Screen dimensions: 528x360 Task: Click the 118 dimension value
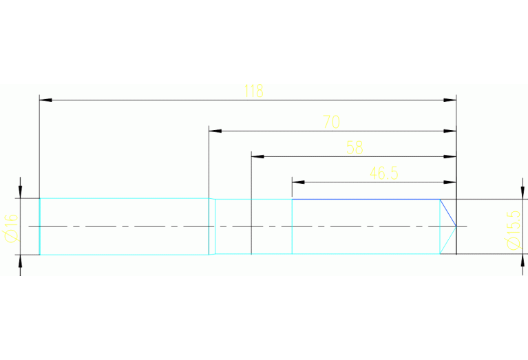tap(254, 91)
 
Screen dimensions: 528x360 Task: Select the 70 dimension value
tap(331, 123)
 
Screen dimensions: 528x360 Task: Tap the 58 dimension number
tap(355, 147)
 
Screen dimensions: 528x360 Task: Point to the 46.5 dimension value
tap(384, 173)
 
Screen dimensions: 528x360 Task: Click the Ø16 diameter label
tap(10, 226)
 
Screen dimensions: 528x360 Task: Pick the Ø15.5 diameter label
tap(513, 230)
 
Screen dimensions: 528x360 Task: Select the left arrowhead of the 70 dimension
tap(215, 130)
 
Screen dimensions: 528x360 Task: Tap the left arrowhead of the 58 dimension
tap(257, 156)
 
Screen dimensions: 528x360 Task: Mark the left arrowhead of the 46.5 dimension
tap(298, 182)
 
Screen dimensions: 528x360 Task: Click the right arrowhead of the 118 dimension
tap(450, 100)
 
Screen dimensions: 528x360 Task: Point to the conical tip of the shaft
tap(449, 226)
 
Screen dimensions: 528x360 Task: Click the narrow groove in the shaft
tap(212, 226)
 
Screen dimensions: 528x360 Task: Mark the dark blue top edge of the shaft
tap(365, 199)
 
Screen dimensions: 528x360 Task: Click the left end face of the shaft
tap(40, 226)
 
